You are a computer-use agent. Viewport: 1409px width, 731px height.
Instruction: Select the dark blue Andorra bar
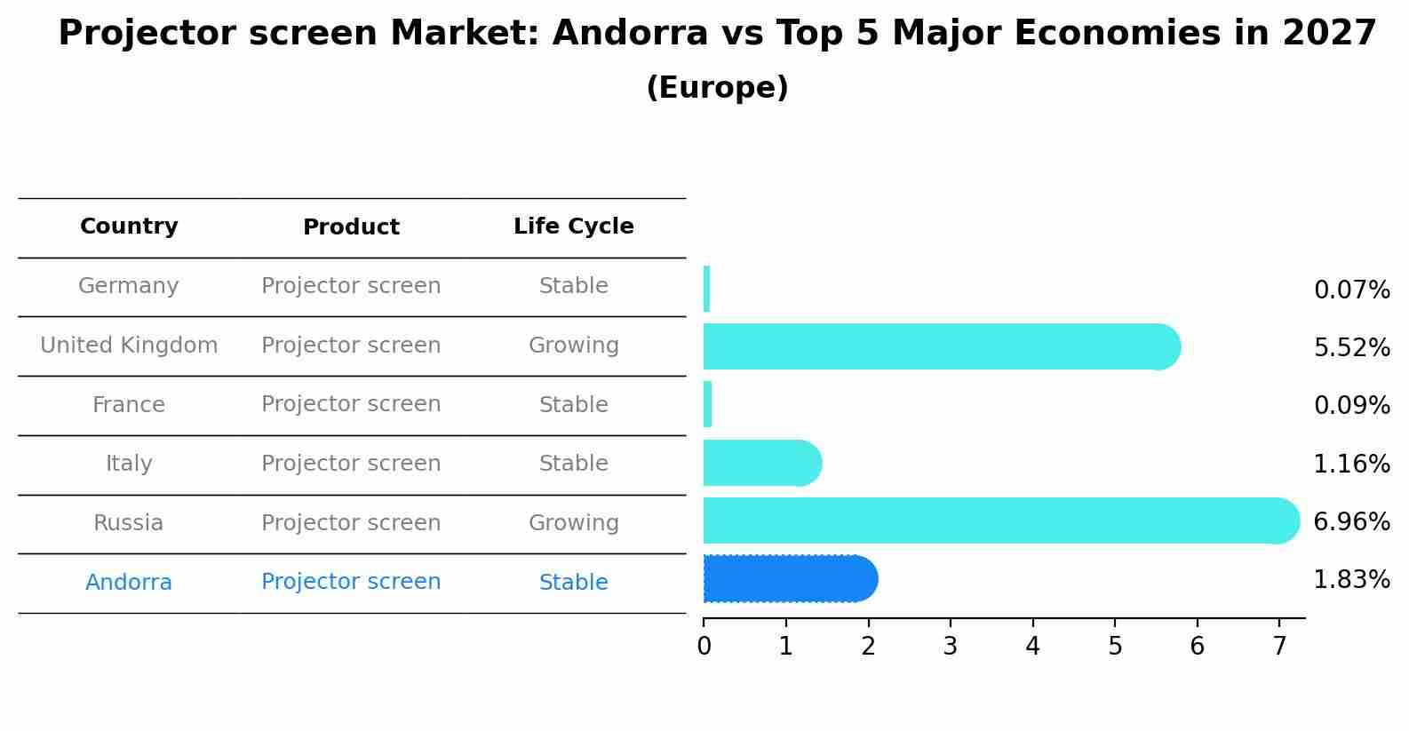tap(790, 579)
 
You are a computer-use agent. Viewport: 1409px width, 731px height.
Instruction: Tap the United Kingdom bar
tap(941, 346)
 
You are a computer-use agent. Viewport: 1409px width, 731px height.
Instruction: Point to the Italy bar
tap(761, 463)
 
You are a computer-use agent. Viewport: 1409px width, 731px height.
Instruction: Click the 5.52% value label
tap(1351, 348)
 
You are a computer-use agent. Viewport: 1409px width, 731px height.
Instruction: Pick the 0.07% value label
tap(1351, 290)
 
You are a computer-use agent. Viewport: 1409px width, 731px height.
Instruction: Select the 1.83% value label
tap(1351, 580)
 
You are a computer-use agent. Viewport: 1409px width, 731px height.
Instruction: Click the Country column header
tap(129, 226)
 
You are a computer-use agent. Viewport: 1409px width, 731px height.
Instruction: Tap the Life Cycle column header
tap(573, 226)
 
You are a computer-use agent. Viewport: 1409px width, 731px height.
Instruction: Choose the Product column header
tap(351, 227)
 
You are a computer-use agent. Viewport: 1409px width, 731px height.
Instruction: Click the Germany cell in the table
tap(129, 286)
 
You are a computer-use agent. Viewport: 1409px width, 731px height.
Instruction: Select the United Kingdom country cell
tap(129, 346)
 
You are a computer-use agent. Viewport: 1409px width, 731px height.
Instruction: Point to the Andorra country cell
tap(129, 583)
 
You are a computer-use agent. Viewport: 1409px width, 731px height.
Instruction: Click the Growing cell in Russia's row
tap(573, 523)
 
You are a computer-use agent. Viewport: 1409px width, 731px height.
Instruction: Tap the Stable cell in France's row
tap(573, 405)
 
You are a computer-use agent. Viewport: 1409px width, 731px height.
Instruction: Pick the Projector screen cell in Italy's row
tap(351, 464)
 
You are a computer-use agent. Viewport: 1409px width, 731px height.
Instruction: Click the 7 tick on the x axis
tap(1279, 646)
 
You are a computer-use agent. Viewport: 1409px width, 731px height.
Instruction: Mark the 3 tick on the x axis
tap(950, 646)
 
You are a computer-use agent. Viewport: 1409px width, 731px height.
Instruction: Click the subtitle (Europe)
tap(717, 88)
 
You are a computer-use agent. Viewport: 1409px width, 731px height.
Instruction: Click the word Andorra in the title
tap(630, 34)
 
